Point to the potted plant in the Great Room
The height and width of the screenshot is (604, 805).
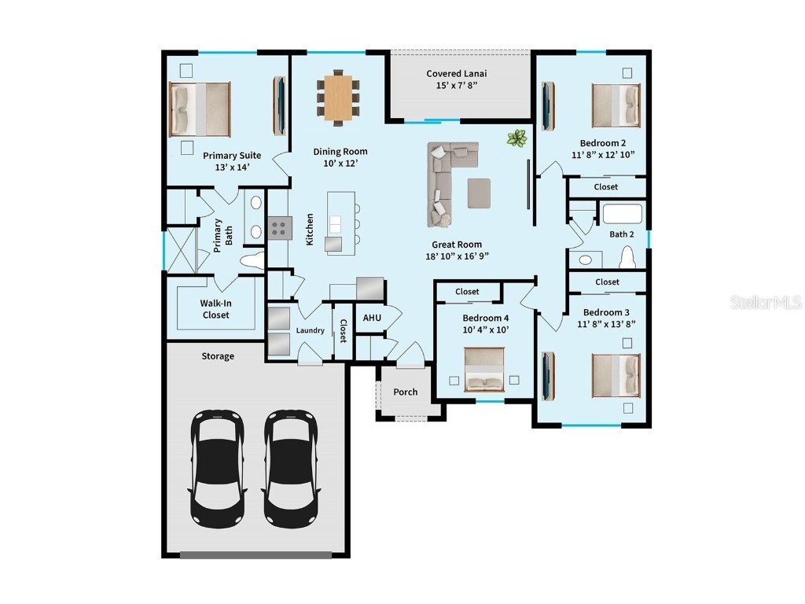click(x=516, y=139)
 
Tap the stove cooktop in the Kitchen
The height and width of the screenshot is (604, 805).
click(x=279, y=228)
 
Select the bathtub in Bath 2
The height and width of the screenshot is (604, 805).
click(x=622, y=214)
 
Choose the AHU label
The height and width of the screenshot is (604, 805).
click(x=372, y=318)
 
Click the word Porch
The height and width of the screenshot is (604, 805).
click(x=406, y=392)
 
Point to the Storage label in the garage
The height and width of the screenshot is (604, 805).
click(x=218, y=356)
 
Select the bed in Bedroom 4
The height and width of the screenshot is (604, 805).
click(x=484, y=370)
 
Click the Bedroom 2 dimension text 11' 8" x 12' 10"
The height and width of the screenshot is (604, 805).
click(x=603, y=155)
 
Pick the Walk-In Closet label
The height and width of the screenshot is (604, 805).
click(x=215, y=309)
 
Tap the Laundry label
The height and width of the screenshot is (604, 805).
click(x=311, y=330)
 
